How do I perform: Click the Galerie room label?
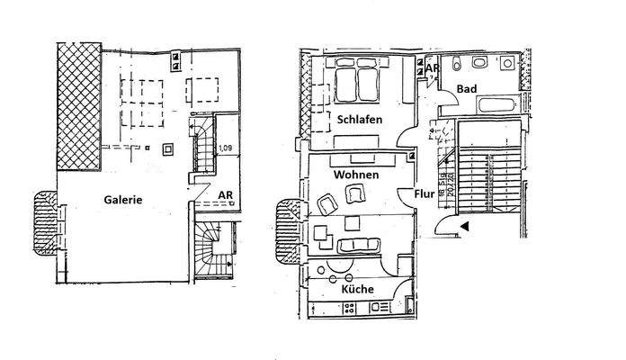121,200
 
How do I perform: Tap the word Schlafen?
362,119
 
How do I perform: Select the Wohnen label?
354,174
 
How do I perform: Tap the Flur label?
424,192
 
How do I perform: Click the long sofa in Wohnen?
358,245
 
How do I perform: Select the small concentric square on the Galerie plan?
166,148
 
